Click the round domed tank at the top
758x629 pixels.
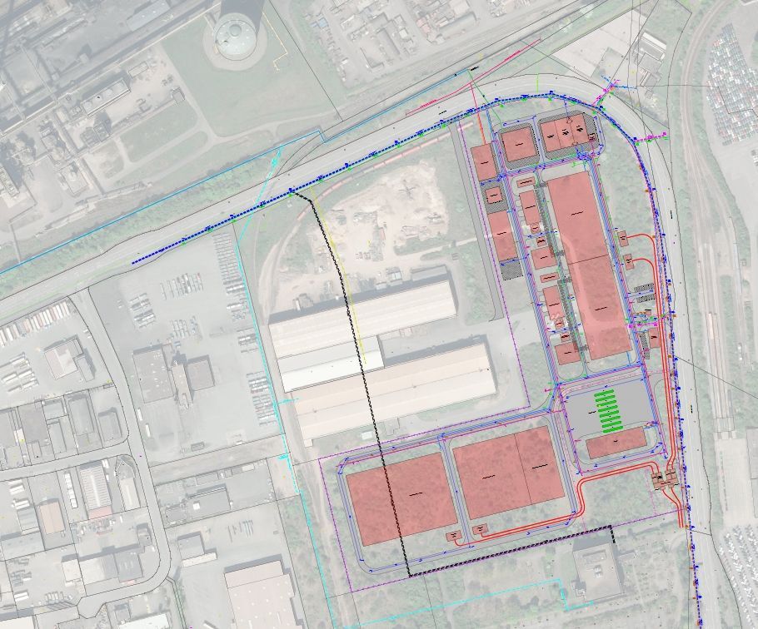[x=235, y=35]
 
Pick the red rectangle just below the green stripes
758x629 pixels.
[x=616, y=443]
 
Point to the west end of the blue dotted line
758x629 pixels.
[x=134, y=263]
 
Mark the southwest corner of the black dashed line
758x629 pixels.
[x=408, y=576]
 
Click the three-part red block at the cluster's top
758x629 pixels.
[x=565, y=135]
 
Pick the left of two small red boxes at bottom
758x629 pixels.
[x=454, y=535]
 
